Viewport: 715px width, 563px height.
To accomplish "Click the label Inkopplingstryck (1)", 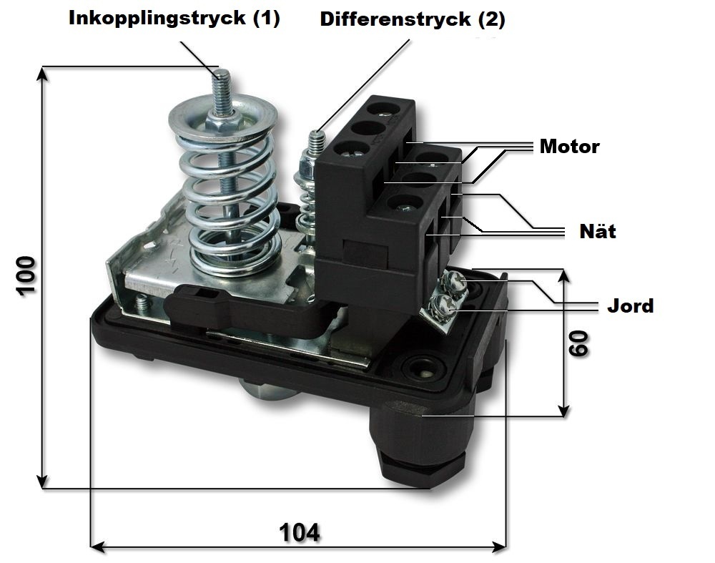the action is pyautogui.click(x=174, y=19).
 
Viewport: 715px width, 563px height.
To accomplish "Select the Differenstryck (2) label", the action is pyautogui.click(x=413, y=19).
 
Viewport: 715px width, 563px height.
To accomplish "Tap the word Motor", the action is pyautogui.click(x=570, y=147).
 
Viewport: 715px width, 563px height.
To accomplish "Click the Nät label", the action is pyautogui.click(x=597, y=230).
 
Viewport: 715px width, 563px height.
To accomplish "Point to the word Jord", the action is pyautogui.click(x=630, y=305).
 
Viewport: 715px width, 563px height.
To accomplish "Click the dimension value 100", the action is pyautogui.click(x=26, y=276).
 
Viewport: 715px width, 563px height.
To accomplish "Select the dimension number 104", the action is pyautogui.click(x=299, y=532).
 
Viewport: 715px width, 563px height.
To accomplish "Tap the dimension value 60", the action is pyautogui.click(x=578, y=343).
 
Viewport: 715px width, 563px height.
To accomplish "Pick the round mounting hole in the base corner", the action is pyautogui.click(x=423, y=368).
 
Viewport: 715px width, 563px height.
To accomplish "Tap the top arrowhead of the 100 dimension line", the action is pyautogui.click(x=42, y=73).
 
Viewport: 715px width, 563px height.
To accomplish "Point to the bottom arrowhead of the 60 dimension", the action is pyautogui.click(x=563, y=411).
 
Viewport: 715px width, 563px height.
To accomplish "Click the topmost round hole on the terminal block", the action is pyautogui.click(x=384, y=109).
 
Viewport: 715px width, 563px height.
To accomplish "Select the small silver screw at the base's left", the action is pyautogui.click(x=142, y=303).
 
